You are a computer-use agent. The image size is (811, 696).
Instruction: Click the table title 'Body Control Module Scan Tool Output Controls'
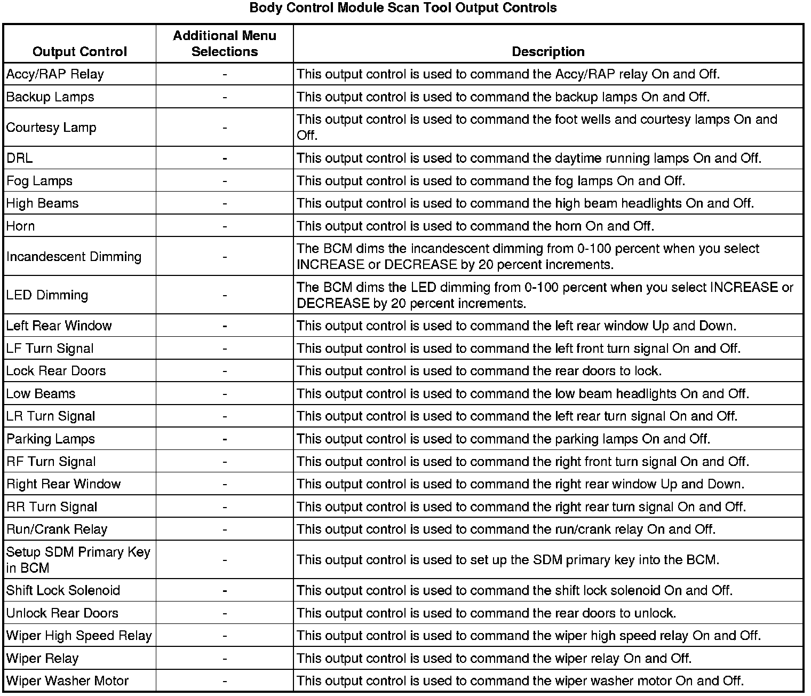[x=403, y=8]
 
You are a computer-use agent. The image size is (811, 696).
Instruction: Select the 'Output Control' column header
[x=79, y=51]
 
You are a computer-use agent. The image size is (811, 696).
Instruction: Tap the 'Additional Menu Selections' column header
[x=225, y=44]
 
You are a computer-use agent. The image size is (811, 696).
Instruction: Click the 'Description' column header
[x=548, y=51]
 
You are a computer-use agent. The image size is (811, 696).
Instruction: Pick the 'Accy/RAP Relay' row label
[x=55, y=74]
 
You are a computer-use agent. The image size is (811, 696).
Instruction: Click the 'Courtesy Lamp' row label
[x=51, y=128]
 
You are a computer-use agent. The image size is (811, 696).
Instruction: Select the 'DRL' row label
[x=19, y=158]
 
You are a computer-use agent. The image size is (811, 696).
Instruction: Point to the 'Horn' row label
[x=21, y=226]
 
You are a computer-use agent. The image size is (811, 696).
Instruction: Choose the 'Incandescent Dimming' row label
[x=74, y=257]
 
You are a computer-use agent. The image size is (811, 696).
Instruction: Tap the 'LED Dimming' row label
[x=47, y=295]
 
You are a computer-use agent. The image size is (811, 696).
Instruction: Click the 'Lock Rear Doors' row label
[x=56, y=371]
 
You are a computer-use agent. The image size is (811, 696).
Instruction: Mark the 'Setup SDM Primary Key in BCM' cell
[x=78, y=560]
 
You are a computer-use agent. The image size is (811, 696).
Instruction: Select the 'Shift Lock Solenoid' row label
[x=63, y=590]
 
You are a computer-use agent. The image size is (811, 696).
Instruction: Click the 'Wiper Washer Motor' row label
[x=67, y=681]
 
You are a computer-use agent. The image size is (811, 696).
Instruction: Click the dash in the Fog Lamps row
[x=225, y=181]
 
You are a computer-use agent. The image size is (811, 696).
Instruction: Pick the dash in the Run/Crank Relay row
[x=225, y=529]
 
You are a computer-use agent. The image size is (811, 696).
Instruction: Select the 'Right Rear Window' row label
[x=63, y=484]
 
